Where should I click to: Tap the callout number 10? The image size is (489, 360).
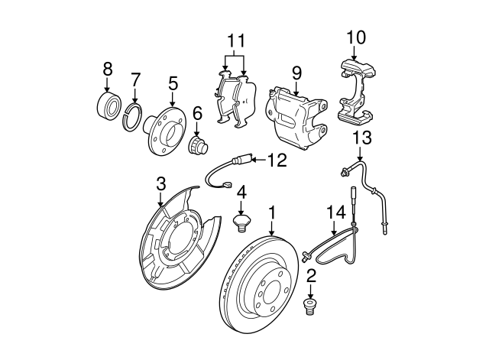[x=357, y=36]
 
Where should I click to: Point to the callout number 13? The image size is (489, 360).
[x=361, y=138]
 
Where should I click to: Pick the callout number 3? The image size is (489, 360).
[x=160, y=183]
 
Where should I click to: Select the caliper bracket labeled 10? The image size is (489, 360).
[x=356, y=90]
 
